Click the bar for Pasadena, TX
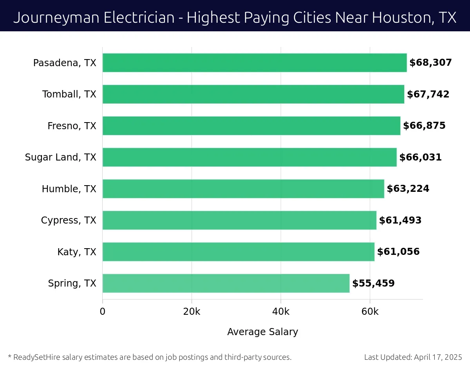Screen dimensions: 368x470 pyautogui.click(x=255, y=63)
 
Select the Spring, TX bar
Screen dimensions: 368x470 pyautogui.click(x=226, y=283)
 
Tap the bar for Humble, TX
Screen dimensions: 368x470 pyautogui.click(x=243, y=189)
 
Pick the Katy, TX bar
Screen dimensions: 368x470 pyautogui.click(x=238, y=252)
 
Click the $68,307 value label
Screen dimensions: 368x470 pyautogui.click(x=430, y=63)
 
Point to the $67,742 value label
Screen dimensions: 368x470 pyautogui.click(x=428, y=94)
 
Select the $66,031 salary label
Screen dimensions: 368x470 pyautogui.click(x=420, y=157)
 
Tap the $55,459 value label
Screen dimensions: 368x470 pyautogui.click(x=373, y=283)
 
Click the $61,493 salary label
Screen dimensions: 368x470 pyautogui.click(x=400, y=220)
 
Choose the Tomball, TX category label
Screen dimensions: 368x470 pyautogui.click(x=69, y=94)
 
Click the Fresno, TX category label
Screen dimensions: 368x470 pyautogui.click(x=72, y=126)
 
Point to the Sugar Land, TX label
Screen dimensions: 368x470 pyautogui.click(x=60, y=157)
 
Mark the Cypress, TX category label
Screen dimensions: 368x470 pyautogui.click(x=69, y=220)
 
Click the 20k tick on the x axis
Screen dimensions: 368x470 pyautogui.click(x=192, y=312)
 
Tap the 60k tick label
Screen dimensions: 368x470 pyautogui.click(x=370, y=312)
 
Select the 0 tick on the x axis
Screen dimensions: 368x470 pyautogui.click(x=103, y=312)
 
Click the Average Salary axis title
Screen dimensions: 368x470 pyautogui.click(x=262, y=332)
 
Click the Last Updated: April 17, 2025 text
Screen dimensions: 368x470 pyautogui.click(x=413, y=357)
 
